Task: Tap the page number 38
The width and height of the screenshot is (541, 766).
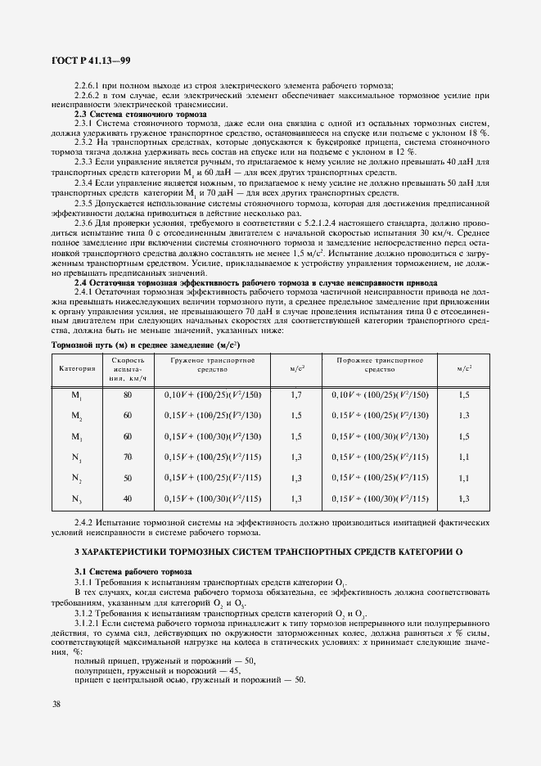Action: (56, 704)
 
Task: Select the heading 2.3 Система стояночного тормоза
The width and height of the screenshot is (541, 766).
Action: (129, 114)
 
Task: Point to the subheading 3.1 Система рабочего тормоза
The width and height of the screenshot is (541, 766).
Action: (122, 570)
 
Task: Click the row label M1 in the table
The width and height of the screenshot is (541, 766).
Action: (77, 394)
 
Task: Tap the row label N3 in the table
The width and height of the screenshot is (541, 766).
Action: (77, 498)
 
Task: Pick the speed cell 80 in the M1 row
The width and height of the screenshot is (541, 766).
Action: (128, 394)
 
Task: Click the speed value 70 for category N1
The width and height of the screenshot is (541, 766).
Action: (128, 457)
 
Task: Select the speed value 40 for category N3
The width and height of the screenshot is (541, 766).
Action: (128, 498)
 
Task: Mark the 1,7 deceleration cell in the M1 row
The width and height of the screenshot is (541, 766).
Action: (297, 394)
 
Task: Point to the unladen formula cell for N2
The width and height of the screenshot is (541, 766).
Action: (380, 478)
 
